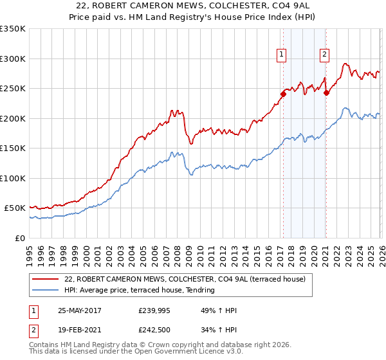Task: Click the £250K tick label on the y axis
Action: pos(13,89)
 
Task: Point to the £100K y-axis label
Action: pos(13,178)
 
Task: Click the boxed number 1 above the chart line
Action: pos(282,55)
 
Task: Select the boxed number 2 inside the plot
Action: pos(325,55)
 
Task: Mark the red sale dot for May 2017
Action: pos(282,94)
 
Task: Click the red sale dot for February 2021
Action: pos(326,93)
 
